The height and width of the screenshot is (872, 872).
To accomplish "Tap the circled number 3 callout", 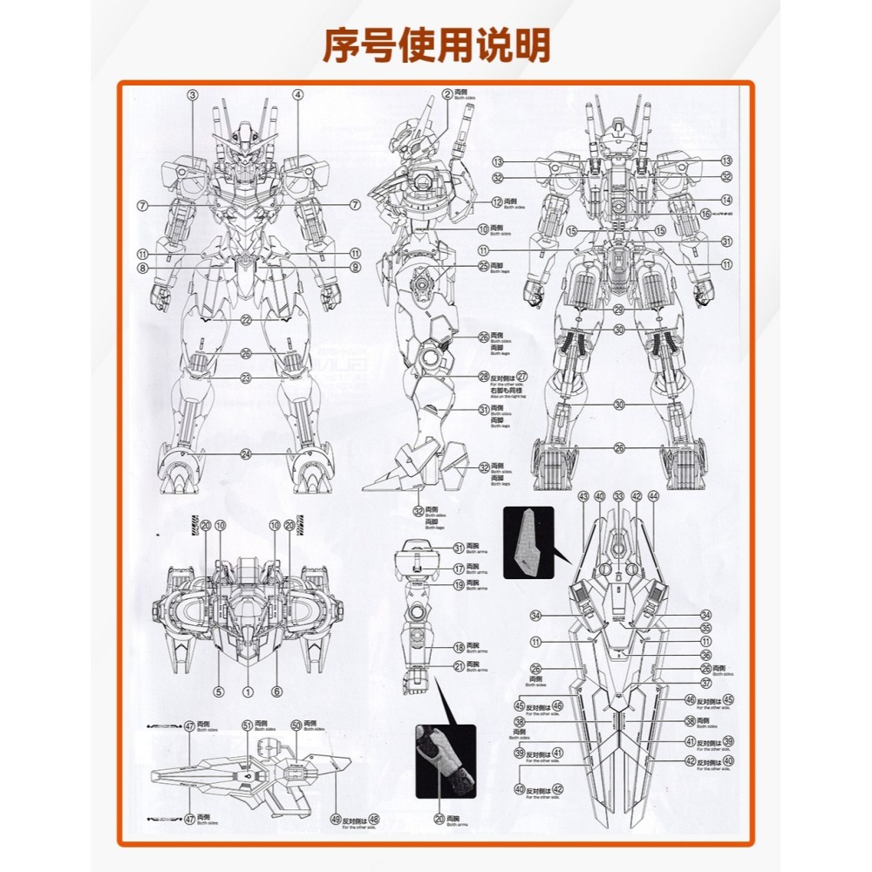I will click(x=193, y=95).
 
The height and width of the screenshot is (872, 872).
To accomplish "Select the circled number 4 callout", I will click(x=297, y=95).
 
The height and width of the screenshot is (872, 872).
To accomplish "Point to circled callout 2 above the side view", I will click(x=446, y=94).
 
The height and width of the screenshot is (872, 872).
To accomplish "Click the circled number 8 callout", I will click(x=141, y=268).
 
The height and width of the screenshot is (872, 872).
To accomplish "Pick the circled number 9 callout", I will click(x=355, y=268).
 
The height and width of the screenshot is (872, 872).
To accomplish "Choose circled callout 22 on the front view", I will click(x=247, y=320).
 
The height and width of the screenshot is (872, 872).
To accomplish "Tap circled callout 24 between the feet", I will click(x=247, y=453).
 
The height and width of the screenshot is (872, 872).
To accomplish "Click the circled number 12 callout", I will click(x=497, y=202).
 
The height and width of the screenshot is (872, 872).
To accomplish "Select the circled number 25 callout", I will click(x=483, y=266).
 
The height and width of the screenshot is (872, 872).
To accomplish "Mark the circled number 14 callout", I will click(x=726, y=200).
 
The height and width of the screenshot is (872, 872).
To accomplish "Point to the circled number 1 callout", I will click(x=247, y=691).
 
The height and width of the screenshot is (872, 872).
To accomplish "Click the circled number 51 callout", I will click(x=247, y=726).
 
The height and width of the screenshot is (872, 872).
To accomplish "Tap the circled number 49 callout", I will click(x=336, y=819).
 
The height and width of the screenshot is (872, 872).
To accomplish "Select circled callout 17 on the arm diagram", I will click(x=459, y=569).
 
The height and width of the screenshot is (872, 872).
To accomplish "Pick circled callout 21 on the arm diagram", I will click(x=459, y=666).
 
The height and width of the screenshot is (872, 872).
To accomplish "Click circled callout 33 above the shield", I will click(x=618, y=496).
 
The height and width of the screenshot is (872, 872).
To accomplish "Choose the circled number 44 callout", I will click(x=654, y=496).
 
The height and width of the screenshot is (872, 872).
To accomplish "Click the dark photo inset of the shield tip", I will click(x=528, y=541).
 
